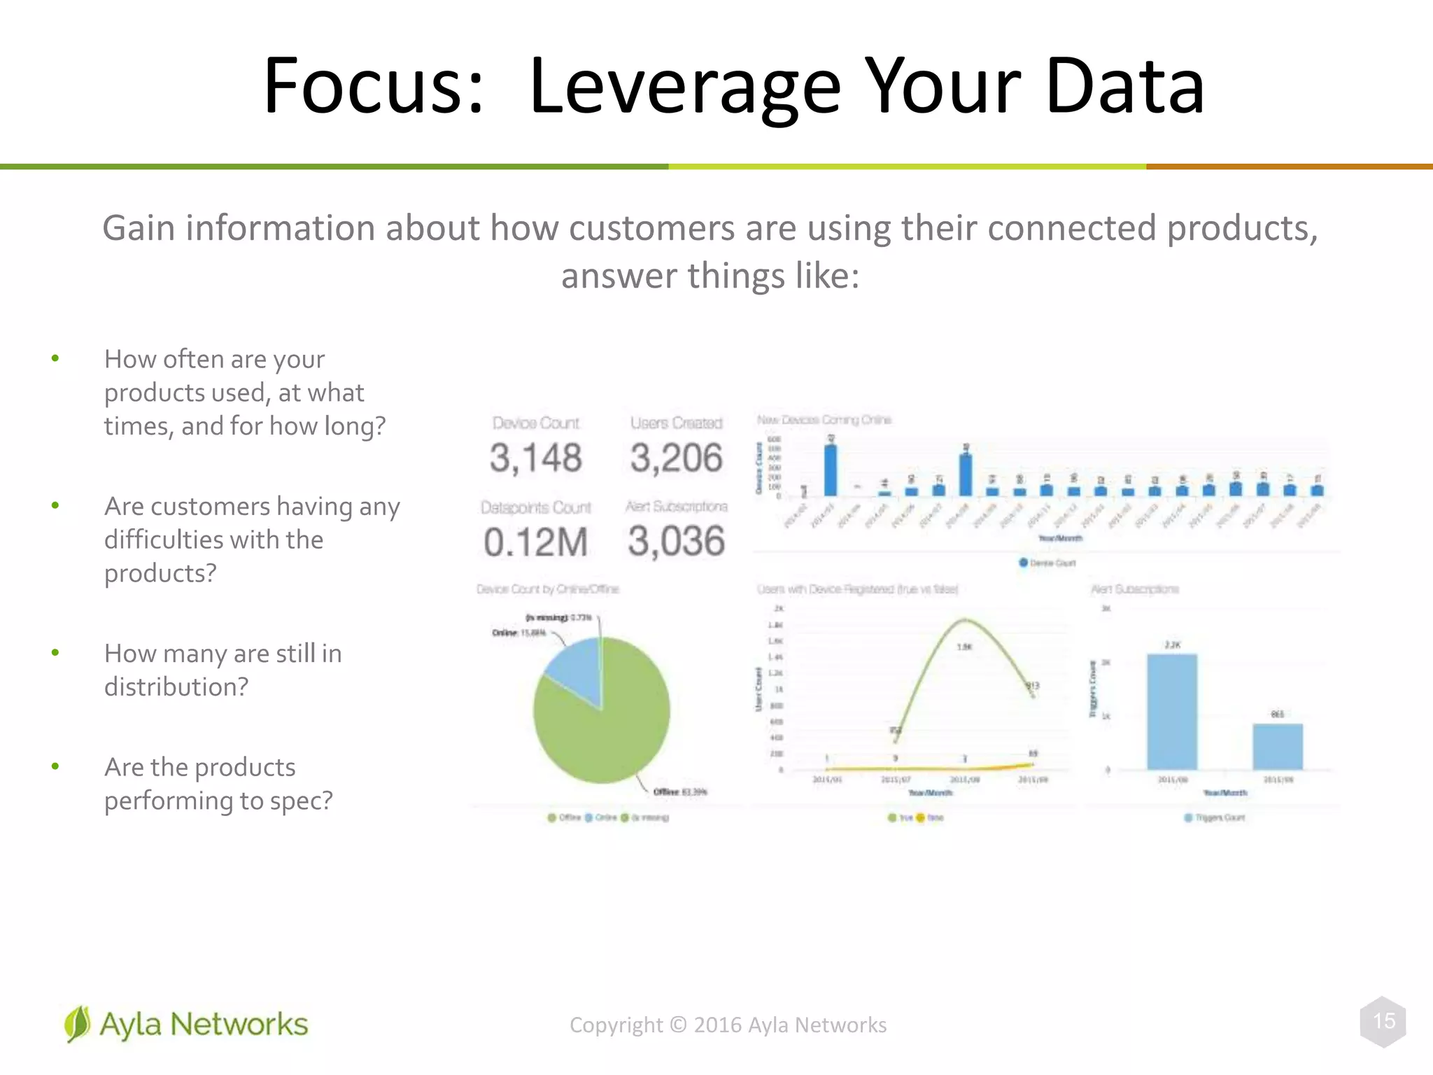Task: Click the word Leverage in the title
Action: (x=684, y=87)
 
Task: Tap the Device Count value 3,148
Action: (x=535, y=458)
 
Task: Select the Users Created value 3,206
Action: (x=676, y=458)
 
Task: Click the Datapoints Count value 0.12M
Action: (x=535, y=542)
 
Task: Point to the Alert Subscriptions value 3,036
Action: (x=676, y=542)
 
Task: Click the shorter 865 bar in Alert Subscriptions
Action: (x=1278, y=747)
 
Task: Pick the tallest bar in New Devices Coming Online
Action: (x=831, y=470)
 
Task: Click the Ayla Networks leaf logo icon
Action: (x=77, y=1024)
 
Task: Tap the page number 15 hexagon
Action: (x=1383, y=1021)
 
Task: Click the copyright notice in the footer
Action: (x=728, y=1025)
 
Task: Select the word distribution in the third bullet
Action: (x=175, y=687)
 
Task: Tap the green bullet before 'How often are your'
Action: (x=55, y=359)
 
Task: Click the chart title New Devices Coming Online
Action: (x=824, y=420)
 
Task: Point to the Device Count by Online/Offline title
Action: (x=548, y=589)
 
